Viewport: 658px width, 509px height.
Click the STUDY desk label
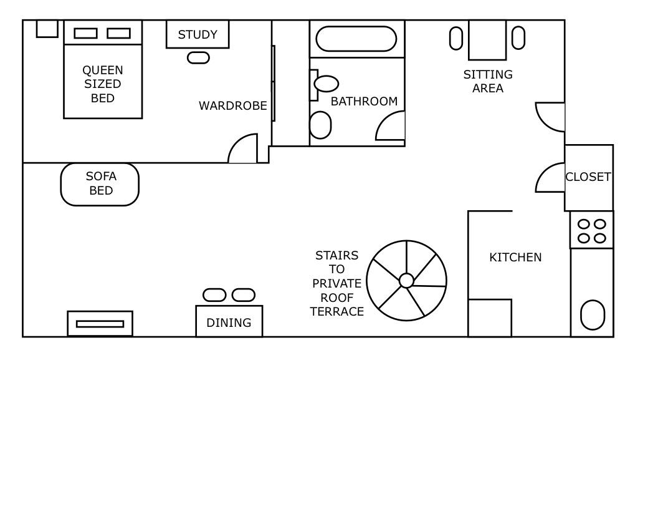point(198,34)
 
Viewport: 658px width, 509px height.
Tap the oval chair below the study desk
point(198,57)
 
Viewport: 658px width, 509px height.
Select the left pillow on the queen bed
point(85,33)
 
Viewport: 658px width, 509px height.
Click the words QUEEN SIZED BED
point(103,84)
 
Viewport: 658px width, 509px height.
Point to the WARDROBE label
point(232,106)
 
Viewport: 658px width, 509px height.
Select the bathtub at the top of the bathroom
point(356,39)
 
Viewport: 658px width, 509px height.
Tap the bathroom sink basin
point(327,83)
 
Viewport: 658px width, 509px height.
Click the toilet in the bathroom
point(320,125)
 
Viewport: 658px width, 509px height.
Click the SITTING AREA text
point(488,81)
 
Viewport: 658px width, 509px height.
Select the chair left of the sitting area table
point(456,38)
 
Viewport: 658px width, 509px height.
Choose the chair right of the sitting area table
point(518,37)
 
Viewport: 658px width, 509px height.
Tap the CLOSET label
point(588,177)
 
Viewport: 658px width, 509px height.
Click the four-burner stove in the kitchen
point(592,230)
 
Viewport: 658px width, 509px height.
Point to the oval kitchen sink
point(593,315)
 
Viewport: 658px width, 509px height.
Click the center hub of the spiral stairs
point(406,281)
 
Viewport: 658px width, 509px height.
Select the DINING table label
point(229,322)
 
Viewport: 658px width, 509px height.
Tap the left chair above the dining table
point(214,295)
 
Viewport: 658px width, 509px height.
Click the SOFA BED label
point(101,183)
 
